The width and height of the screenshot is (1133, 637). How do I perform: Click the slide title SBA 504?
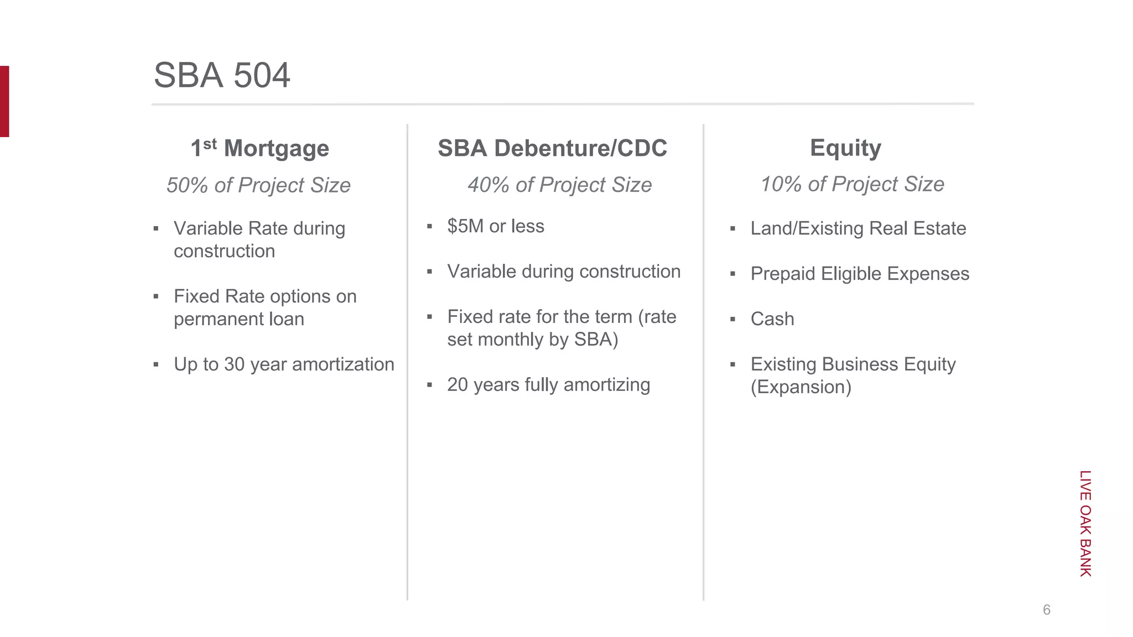[222, 75]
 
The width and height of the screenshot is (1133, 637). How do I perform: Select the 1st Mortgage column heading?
[260, 148]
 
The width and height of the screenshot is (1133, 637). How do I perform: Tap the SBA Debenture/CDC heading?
[552, 148]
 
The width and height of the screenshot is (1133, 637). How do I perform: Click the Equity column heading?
[845, 148]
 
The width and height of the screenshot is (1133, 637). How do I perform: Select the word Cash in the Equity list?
[772, 319]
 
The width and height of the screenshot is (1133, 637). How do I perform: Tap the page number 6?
[1046, 610]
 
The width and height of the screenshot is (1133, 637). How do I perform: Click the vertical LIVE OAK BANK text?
[1085, 523]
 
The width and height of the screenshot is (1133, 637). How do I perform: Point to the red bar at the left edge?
[4, 101]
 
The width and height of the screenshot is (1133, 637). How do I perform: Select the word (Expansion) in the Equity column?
[801, 387]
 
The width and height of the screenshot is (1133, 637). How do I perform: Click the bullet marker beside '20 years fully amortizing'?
[429, 385]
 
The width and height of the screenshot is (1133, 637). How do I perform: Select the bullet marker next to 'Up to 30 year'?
[156, 364]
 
